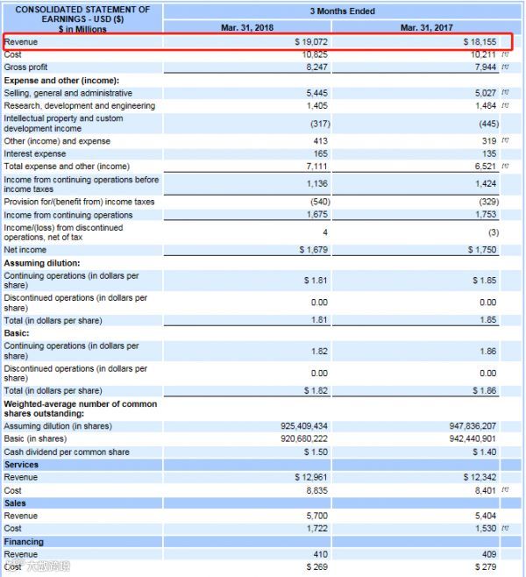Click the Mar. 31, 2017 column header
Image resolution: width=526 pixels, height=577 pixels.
[424, 28]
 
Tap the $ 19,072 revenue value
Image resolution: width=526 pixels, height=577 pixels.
[311, 41]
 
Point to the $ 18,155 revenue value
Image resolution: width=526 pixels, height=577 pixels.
[480, 41]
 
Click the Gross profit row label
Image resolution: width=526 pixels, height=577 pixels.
[26, 67]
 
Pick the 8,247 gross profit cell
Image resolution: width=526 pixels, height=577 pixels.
[316, 67]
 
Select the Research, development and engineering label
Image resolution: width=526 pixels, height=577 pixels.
[80, 105]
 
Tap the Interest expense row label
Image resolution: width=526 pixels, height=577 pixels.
[35, 153]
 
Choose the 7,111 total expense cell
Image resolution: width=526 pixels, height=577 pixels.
[317, 166]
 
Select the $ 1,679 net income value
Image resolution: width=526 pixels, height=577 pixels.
[313, 250]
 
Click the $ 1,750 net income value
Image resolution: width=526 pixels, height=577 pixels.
[481, 250]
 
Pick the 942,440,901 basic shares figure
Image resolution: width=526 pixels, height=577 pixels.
[473, 438]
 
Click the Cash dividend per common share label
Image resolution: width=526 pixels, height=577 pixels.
[67, 452]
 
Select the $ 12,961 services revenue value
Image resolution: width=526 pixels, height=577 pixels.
[311, 477]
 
